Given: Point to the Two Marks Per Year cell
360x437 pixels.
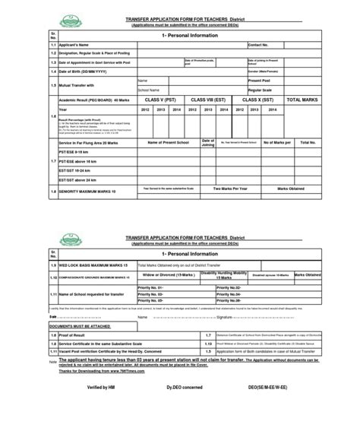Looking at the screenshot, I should (232, 188).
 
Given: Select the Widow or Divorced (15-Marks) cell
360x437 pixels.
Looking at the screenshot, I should (166, 275).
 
